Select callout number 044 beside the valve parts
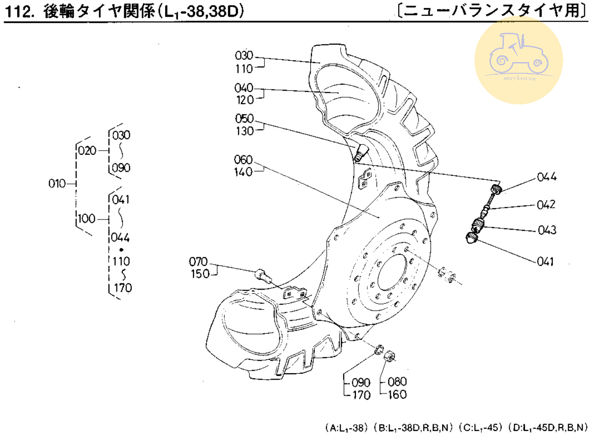point(547,177)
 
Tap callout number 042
point(546,205)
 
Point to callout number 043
point(547,230)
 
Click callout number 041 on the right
point(545,261)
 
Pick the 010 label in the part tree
point(57,183)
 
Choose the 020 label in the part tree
point(87,151)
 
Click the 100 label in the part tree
point(86,219)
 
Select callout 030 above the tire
point(244,56)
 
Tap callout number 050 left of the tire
point(244,119)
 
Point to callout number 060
point(243,160)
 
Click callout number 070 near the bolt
point(198,262)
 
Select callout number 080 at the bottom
point(397,382)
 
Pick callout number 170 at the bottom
point(361,395)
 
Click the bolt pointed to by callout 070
point(263,275)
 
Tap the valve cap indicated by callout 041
point(471,237)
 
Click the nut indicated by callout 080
point(390,357)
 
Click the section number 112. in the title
point(20,11)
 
